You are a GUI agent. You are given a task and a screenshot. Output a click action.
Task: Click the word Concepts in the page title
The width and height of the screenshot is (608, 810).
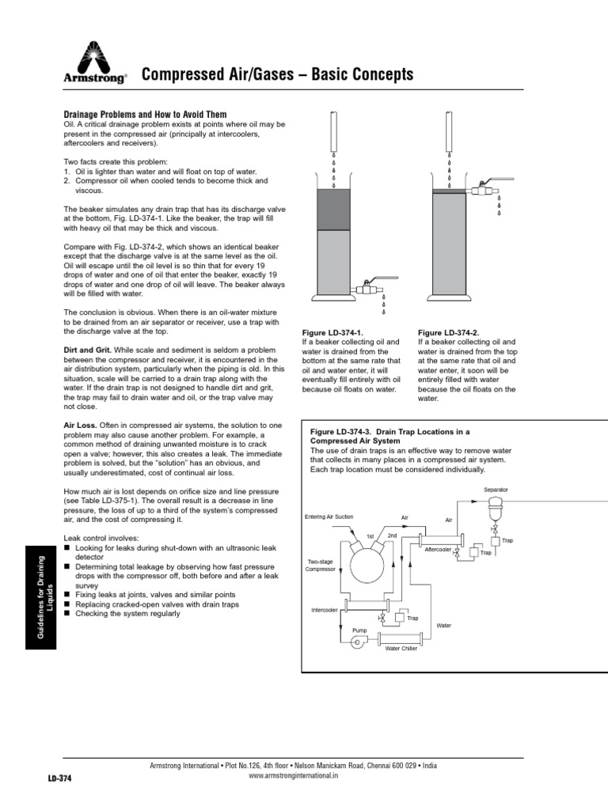(378, 75)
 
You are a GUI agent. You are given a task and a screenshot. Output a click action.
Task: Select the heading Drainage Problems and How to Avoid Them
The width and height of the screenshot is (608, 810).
(145, 115)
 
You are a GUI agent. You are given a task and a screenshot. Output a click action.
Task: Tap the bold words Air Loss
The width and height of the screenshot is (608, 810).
(79, 425)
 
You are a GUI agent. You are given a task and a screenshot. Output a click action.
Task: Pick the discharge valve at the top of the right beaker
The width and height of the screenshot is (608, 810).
(481, 190)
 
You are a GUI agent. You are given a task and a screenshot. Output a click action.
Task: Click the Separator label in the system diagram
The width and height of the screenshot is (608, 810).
(496, 490)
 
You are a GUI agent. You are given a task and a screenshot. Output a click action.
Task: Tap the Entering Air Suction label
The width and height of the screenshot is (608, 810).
(329, 517)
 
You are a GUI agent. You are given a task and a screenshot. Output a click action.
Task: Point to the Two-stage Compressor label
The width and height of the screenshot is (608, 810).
(321, 565)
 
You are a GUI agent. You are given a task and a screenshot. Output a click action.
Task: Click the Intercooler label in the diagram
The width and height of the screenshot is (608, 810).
(325, 610)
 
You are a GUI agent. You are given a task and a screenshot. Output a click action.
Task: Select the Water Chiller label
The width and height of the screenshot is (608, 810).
(401, 648)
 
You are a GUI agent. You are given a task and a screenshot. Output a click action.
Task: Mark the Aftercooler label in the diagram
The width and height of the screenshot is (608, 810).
(439, 548)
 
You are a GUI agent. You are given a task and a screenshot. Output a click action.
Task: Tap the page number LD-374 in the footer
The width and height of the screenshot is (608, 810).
(59, 779)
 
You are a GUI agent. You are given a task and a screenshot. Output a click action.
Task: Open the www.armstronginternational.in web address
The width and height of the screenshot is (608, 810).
(294, 776)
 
